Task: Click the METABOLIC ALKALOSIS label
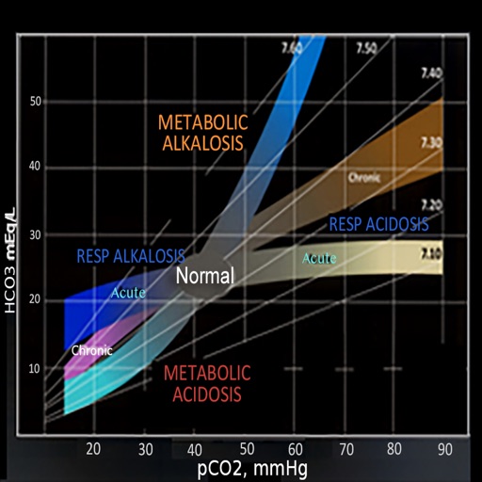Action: pos(202,133)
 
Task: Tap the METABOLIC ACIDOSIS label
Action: pos(207,383)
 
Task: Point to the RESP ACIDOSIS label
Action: pos(378,224)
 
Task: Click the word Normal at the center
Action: pos(204,277)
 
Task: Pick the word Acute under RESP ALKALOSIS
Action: pos(129,293)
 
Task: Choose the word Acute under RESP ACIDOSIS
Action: pos(319,258)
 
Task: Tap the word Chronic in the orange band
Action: pos(364,177)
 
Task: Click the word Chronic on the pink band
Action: pos(92,350)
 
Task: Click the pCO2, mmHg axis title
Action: pos(251,467)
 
